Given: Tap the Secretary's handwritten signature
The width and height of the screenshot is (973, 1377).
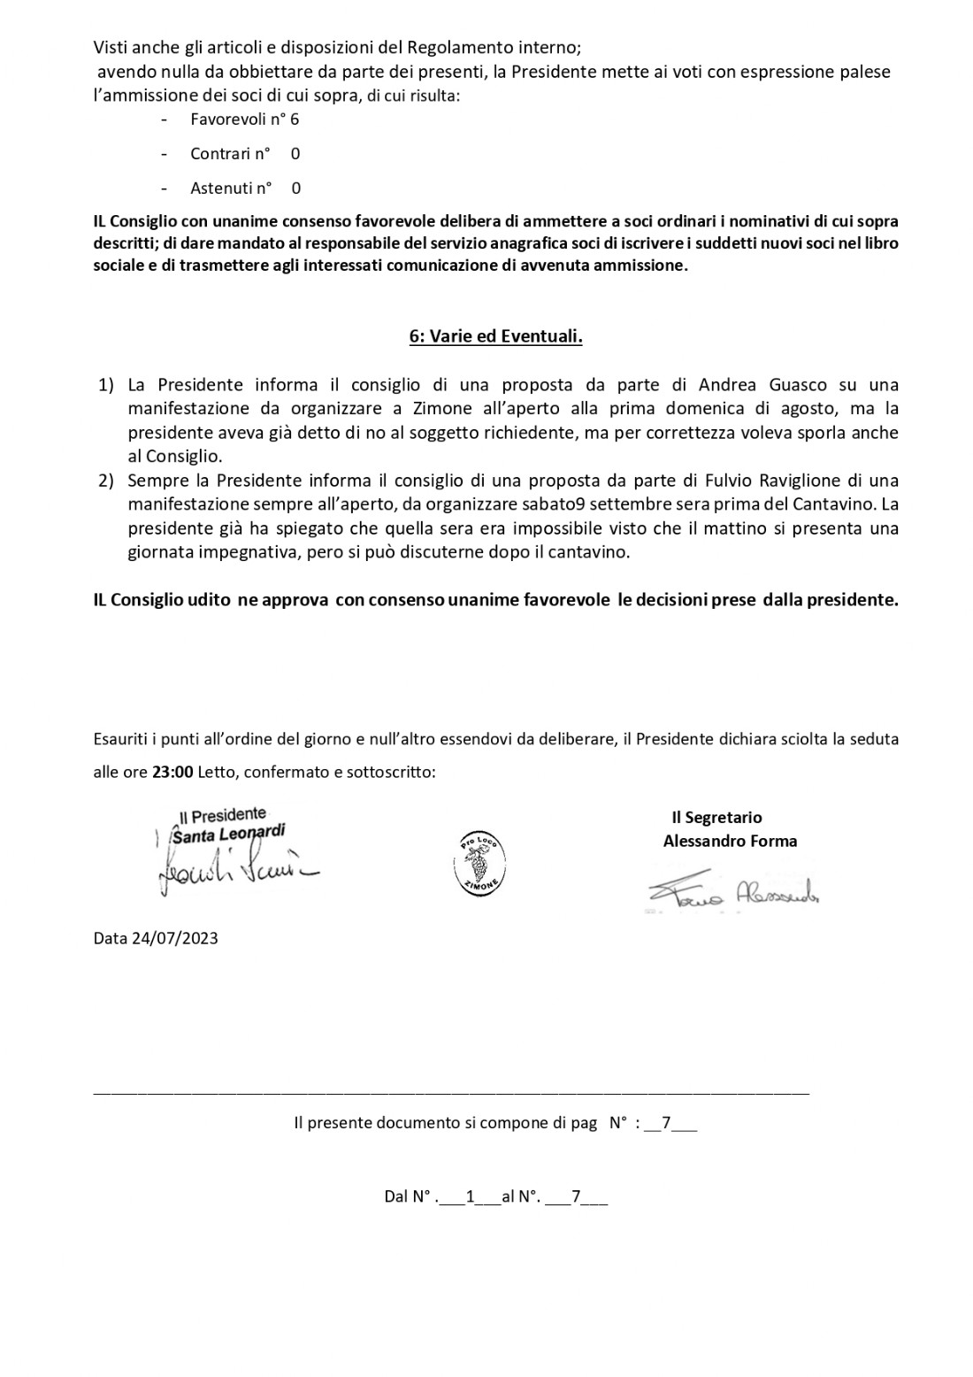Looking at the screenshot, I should pyautogui.click(x=731, y=896).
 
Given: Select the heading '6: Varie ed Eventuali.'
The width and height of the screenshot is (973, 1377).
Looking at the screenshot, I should pyautogui.click(x=495, y=337).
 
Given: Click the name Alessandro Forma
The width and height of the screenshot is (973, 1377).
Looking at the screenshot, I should pyautogui.click(x=730, y=841).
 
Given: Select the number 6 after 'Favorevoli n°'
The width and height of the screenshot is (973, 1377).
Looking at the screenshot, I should pyautogui.click(x=295, y=119).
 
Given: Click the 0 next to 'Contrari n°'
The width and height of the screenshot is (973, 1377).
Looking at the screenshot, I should pyautogui.click(x=295, y=153).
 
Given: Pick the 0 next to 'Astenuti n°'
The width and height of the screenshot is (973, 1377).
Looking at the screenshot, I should pyautogui.click(x=295, y=188).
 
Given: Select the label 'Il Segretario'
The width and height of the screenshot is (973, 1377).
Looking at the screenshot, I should pyautogui.click(x=716, y=818).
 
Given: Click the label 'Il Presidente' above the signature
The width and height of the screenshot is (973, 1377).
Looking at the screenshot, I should pyautogui.click(x=222, y=814).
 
